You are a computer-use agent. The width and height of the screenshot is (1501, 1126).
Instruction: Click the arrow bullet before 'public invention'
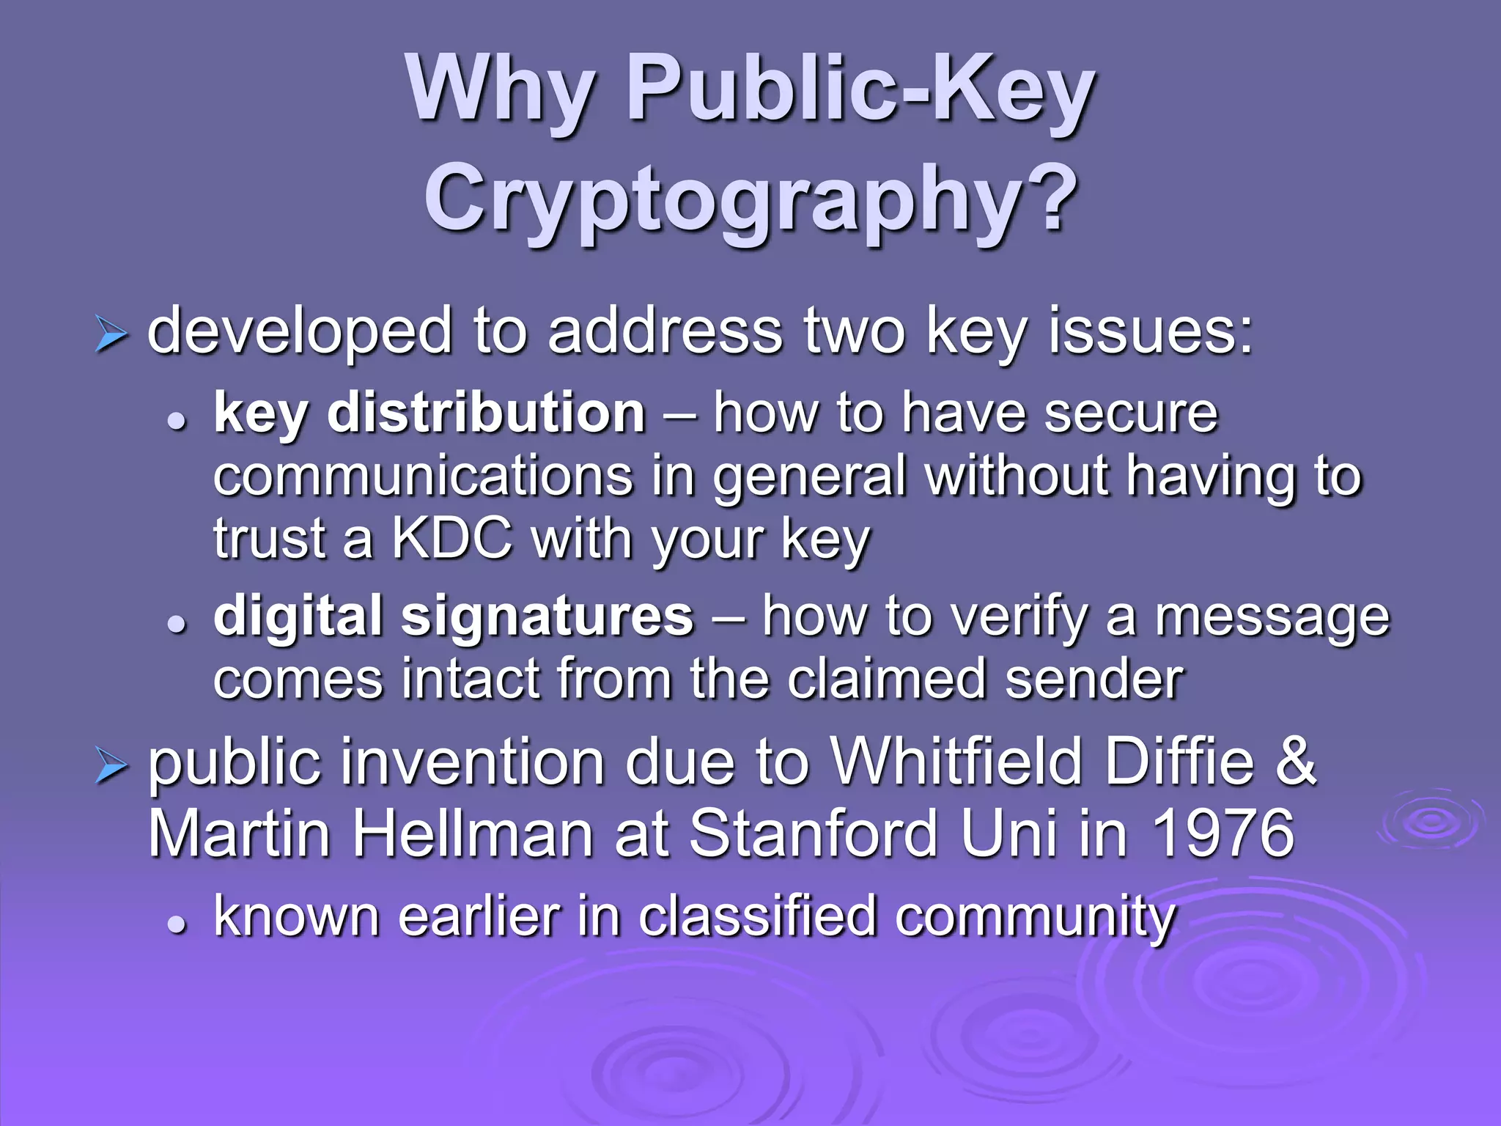111,767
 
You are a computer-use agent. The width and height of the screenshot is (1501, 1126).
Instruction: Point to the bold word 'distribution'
486,413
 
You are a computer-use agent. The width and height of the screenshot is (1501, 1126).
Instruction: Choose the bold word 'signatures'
546,616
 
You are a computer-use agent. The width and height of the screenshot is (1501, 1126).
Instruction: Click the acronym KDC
451,540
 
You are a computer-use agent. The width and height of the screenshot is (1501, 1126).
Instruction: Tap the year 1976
1222,834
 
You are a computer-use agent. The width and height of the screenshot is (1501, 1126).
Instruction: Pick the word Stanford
814,834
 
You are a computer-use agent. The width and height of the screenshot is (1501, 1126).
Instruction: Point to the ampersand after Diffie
1296,762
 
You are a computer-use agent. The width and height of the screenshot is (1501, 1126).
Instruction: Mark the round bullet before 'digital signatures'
176,625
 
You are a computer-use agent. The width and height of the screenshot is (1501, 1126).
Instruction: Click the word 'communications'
423,476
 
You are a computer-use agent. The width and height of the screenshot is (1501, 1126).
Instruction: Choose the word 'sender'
1094,679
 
